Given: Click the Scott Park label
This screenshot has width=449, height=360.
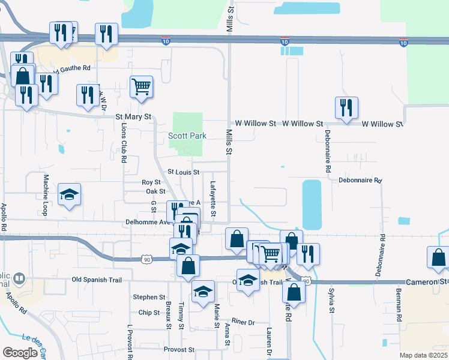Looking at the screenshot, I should point(187,136).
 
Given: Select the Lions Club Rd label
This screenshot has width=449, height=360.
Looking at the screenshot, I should point(124,144).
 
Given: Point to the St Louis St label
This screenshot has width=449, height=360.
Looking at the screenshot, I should point(182,172).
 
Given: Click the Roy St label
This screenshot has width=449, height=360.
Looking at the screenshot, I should point(151,182).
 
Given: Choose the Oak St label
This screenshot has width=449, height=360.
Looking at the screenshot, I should point(155,191).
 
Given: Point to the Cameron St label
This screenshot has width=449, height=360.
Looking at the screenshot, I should point(427,281).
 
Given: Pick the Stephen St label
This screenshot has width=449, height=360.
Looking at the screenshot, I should point(149,297).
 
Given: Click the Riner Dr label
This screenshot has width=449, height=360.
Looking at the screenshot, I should point(243,322).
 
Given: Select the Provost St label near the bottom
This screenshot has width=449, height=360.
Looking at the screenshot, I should point(179,349).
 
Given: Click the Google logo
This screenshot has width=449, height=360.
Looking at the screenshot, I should point(20,353).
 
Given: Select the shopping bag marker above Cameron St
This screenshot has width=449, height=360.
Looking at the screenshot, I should point(438,257).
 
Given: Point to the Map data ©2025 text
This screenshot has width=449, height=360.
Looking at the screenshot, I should point(424,355).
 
